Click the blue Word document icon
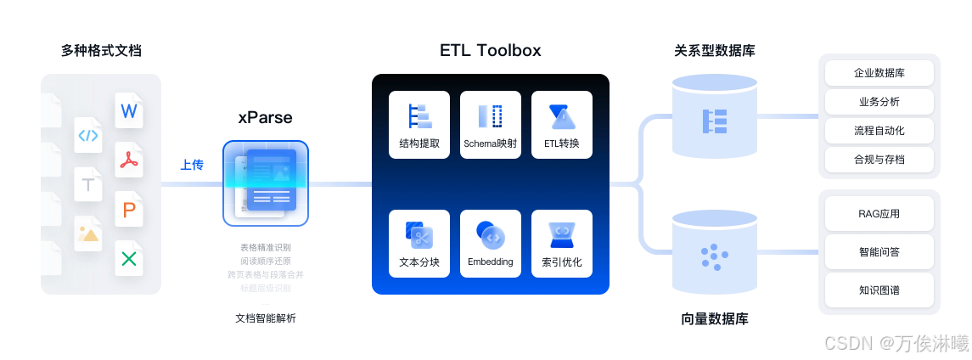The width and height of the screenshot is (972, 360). click(x=129, y=111)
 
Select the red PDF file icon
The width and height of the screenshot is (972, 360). click(x=129, y=160)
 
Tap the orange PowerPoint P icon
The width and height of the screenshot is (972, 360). click(x=129, y=209)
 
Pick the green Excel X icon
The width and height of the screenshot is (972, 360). click(x=129, y=258)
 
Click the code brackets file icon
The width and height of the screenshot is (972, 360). click(x=88, y=135)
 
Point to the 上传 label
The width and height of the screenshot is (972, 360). click(x=192, y=165)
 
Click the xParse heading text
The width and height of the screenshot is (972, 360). click(x=265, y=117)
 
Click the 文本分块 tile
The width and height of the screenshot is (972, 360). click(x=419, y=244)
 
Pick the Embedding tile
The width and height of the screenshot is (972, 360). click(x=491, y=244)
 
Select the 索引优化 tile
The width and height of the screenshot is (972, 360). click(x=562, y=244)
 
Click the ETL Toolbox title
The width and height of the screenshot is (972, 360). click(x=490, y=50)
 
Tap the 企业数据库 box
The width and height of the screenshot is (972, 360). click(x=879, y=73)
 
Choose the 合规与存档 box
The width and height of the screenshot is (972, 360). click(x=879, y=160)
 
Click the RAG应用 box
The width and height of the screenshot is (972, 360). click(x=879, y=213)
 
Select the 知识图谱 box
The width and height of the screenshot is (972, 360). click(x=879, y=290)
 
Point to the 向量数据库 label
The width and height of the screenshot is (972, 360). click(x=714, y=319)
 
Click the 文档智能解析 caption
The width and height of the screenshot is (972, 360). click(x=266, y=318)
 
